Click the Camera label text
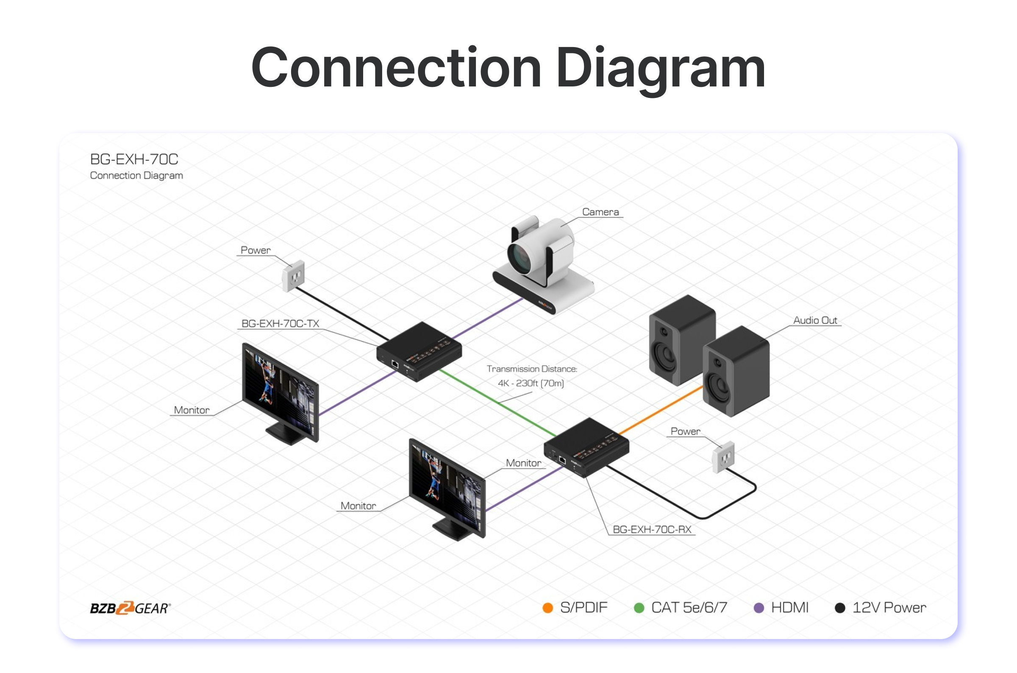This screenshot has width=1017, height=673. pyautogui.click(x=600, y=212)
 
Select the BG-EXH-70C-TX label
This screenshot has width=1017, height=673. pyautogui.click(x=280, y=324)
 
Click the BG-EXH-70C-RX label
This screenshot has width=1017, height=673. pyautogui.click(x=652, y=530)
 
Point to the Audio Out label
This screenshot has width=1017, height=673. pyautogui.click(x=815, y=320)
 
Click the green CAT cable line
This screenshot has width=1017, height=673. pyautogui.click(x=498, y=402)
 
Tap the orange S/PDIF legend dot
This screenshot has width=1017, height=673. pyautogui.click(x=547, y=608)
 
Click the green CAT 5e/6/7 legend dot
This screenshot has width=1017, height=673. pyautogui.click(x=639, y=608)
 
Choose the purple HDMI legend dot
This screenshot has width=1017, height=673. pyautogui.click(x=759, y=608)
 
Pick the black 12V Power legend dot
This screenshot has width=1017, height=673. pyautogui.click(x=840, y=608)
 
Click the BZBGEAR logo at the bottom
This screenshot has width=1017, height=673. pyautogui.click(x=130, y=608)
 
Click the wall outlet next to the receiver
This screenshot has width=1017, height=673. pyautogui.click(x=723, y=458)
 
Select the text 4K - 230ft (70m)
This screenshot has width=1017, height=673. pyautogui.click(x=531, y=383)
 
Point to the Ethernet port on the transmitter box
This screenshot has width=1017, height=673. pyautogui.click(x=395, y=364)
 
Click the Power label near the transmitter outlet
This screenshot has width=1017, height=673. pyautogui.click(x=256, y=250)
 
